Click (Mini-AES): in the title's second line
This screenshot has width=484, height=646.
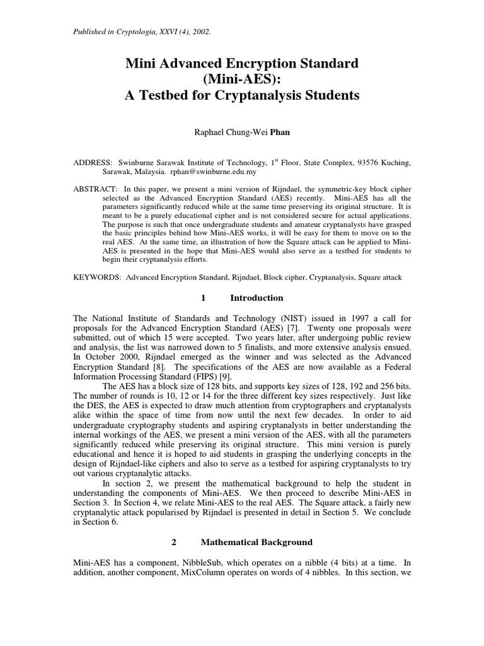point(242,79)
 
